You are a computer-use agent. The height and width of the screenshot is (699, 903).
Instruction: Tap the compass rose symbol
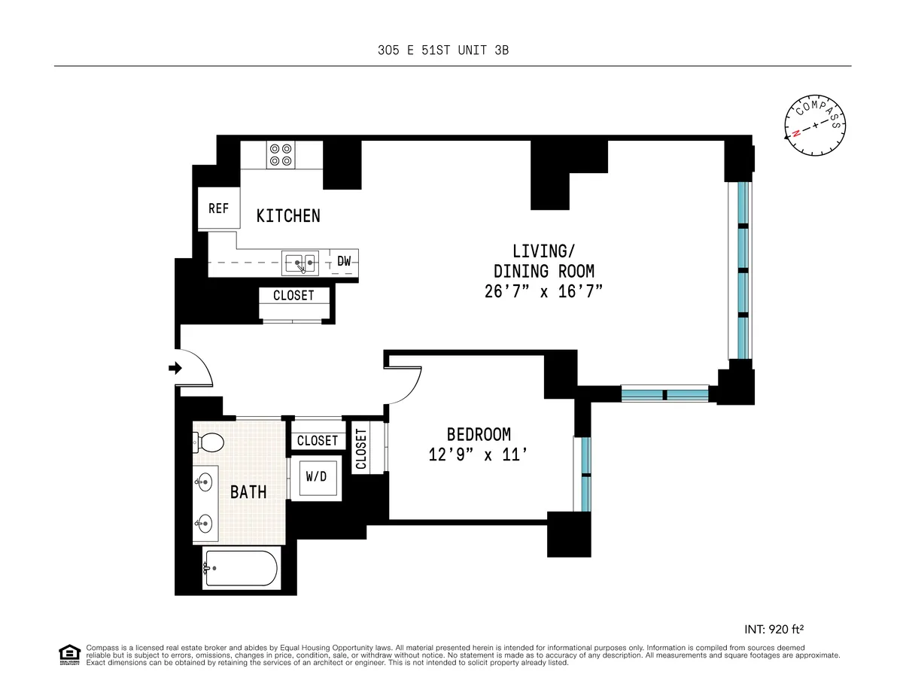pyautogui.click(x=815, y=126)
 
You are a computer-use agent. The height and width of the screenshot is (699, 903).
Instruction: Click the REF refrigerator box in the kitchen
pyautogui.click(x=218, y=208)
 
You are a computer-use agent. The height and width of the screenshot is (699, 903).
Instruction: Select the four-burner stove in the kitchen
pyautogui.click(x=281, y=155)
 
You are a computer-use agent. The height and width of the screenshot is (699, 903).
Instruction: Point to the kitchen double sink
pyautogui.click(x=302, y=263)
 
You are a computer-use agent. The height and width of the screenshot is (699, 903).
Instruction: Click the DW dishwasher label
pyautogui.click(x=344, y=262)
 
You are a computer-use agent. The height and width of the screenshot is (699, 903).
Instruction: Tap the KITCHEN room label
pyautogui.click(x=288, y=216)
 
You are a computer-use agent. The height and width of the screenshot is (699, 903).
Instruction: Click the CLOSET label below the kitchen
pyautogui.click(x=293, y=296)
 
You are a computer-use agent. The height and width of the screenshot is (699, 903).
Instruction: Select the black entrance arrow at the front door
pyautogui.click(x=175, y=368)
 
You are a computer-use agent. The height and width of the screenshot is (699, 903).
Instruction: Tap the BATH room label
pyautogui.click(x=248, y=492)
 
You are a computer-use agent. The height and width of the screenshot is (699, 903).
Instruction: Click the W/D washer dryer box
pyautogui.click(x=316, y=476)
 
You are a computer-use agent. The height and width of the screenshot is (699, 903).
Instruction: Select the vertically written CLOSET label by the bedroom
pyautogui.click(x=360, y=449)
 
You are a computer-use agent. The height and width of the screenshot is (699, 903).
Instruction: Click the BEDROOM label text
pyautogui.click(x=479, y=434)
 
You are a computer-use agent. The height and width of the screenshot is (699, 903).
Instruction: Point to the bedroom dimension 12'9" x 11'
pyautogui.click(x=479, y=456)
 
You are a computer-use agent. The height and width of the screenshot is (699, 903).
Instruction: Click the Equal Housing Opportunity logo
pyautogui.click(x=69, y=655)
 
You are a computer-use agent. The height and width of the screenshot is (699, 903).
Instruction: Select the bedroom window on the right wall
pyautogui.click(x=584, y=474)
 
